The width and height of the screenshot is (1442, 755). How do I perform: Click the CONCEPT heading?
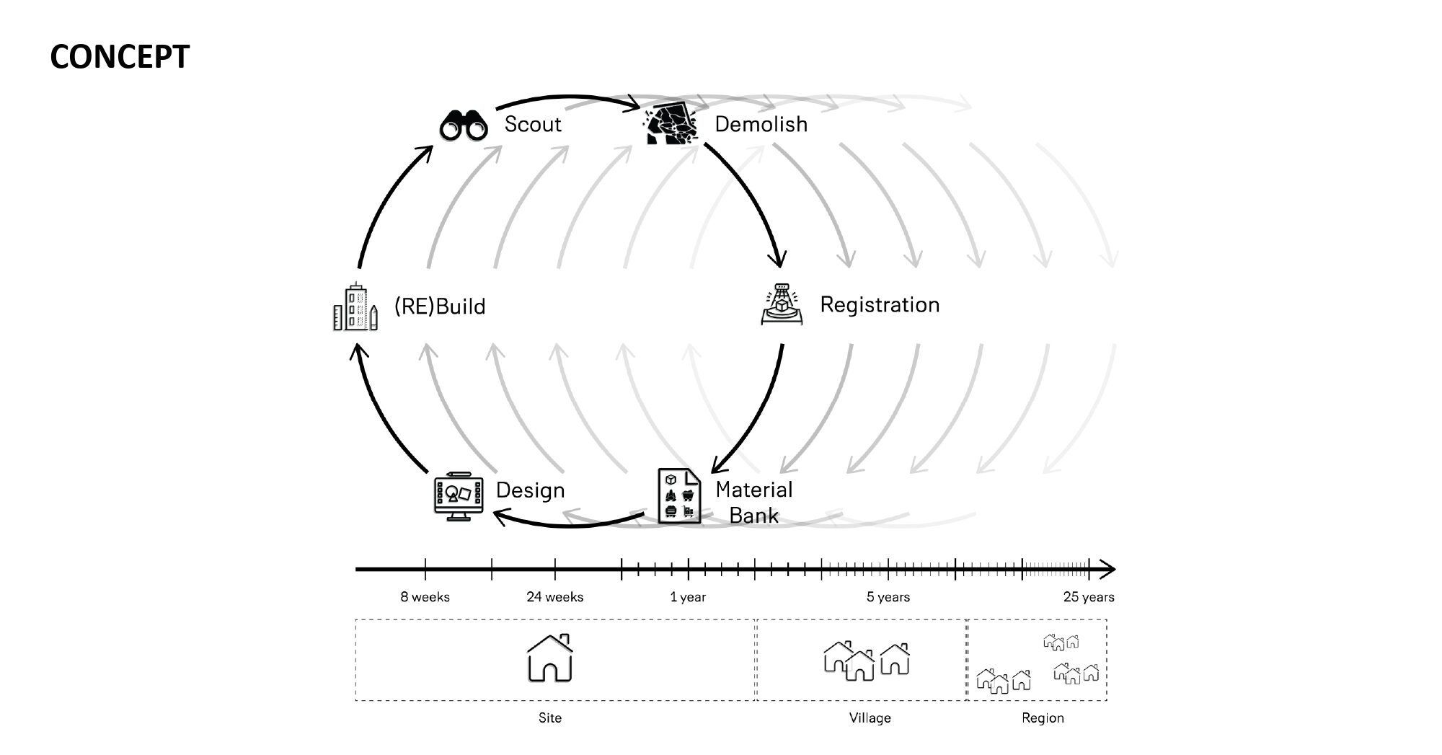[120, 57]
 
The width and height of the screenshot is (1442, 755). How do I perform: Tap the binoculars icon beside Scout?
[464, 125]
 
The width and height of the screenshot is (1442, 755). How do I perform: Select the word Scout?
[533, 124]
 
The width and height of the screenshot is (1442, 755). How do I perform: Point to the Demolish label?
[761, 124]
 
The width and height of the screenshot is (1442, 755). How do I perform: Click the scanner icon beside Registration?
[782, 304]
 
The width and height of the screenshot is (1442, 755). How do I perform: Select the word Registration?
[880, 304]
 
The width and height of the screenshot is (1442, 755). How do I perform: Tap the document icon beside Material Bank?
[679, 495]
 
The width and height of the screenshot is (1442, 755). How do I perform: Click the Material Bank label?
[754, 503]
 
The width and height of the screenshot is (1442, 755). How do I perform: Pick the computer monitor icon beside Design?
[458, 496]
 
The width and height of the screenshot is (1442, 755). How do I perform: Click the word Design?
[530, 490]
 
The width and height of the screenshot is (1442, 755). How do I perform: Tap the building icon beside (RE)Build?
[355, 306]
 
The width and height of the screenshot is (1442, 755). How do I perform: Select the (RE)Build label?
[440, 306]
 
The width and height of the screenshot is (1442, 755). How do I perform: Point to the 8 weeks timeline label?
[425, 597]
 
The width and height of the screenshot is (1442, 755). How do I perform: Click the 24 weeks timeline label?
[555, 597]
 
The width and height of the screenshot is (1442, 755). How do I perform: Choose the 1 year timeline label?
[688, 597]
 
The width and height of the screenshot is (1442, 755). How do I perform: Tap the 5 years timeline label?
[888, 597]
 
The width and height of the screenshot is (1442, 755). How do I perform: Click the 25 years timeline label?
[1089, 597]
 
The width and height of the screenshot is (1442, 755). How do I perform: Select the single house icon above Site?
[550, 658]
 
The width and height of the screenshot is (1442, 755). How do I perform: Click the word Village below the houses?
[870, 718]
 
